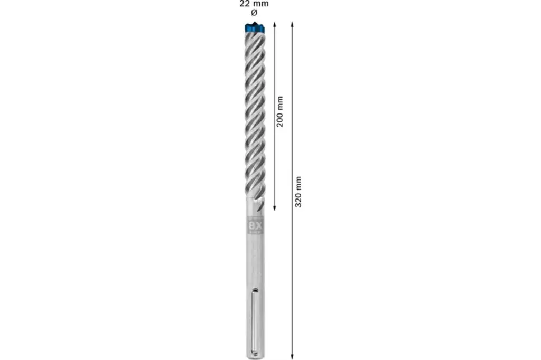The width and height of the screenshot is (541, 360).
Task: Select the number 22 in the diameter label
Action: coord(244,4)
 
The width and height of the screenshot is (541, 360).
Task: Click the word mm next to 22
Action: coord(260,4)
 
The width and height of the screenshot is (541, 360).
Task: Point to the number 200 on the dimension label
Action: coord(280,118)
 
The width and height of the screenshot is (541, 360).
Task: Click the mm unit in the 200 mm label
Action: coord(280,102)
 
